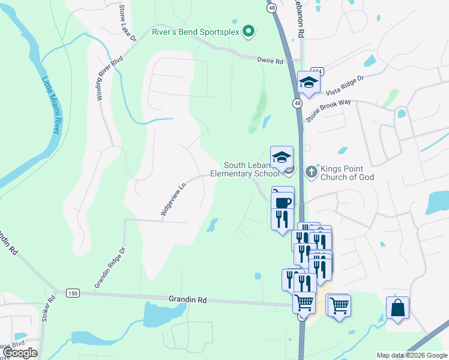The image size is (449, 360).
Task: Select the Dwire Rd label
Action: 270,60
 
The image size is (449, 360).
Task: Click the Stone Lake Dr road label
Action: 127,23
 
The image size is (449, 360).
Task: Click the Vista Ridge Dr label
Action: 345,85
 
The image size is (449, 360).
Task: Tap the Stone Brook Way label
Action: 328,111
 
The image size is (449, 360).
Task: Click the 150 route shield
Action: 73,293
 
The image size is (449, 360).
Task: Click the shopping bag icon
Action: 397,308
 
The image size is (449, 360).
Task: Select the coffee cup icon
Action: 282,202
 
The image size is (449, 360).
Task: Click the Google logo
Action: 20,353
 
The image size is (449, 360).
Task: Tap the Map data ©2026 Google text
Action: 412,355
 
